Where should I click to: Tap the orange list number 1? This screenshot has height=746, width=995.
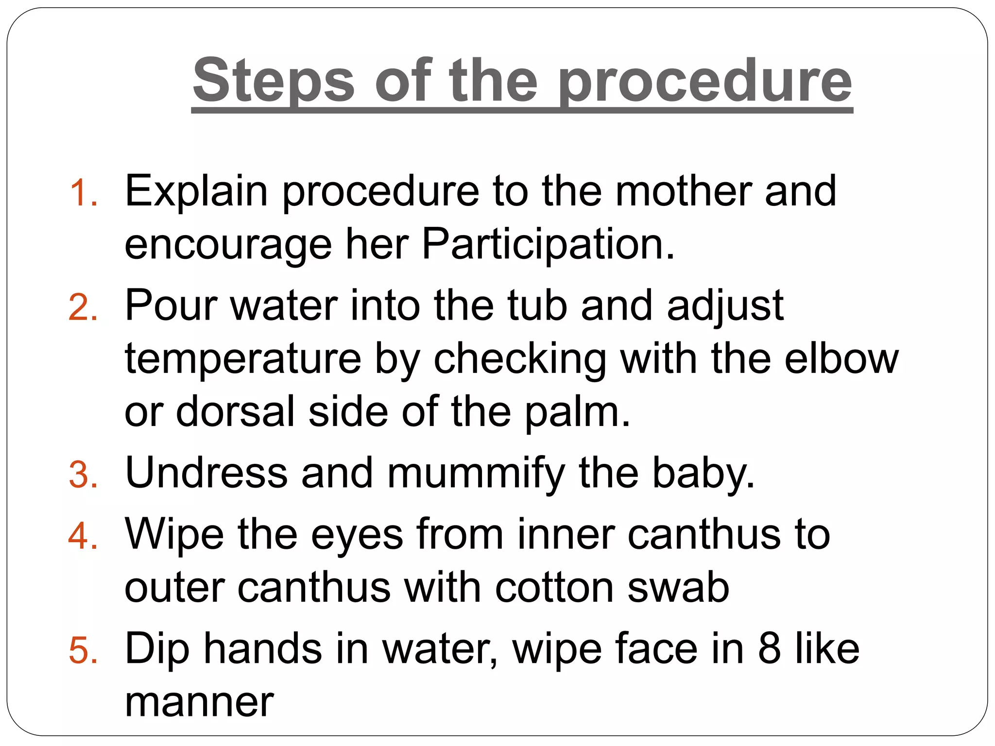[x=83, y=193]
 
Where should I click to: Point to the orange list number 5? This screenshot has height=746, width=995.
[x=83, y=651]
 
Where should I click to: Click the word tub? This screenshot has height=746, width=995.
[x=537, y=306]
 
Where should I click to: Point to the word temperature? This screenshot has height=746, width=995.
[x=243, y=359]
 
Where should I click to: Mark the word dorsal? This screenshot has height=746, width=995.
[x=235, y=412]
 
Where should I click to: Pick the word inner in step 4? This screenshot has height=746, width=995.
[x=566, y=534]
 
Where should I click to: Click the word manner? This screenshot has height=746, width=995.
[x=199, y=702]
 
